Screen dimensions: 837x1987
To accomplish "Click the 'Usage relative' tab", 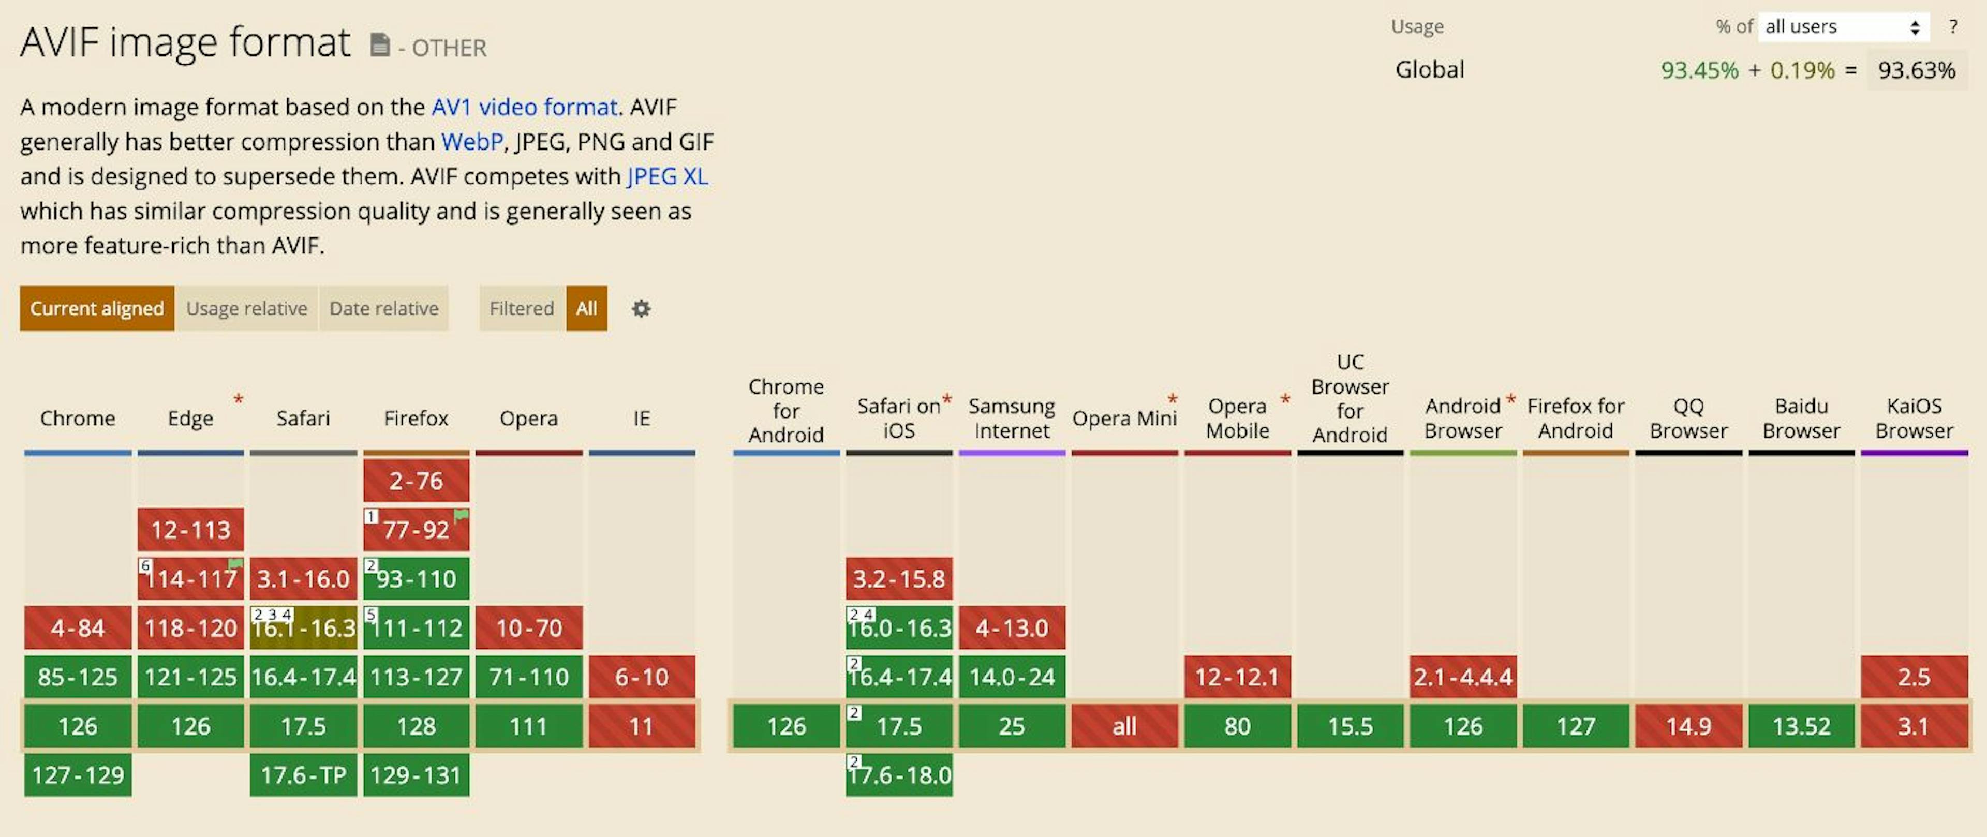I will pyautogui.click(x=246, y=308).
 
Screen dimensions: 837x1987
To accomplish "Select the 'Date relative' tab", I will pyautogui.click(x=383, y=308).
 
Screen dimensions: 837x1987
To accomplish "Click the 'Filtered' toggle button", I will pyautogui.click(x=522, y=308).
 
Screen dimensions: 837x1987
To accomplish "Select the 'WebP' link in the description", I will pyautogui.click(x=471, y=142).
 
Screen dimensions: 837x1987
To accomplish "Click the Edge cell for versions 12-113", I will pyautogui.click(x=190, y=530).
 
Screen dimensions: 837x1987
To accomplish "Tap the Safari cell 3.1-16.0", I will pyautogui.click(x=303, y=578).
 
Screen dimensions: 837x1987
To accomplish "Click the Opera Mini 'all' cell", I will pyautogui.click(x=1124, y=726).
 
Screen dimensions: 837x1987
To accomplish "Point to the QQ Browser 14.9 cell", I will pyautogui.click(x=1688, y=726).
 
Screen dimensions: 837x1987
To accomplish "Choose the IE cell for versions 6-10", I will pyautogui.click(x=641, y=677).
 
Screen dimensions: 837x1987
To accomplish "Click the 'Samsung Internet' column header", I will pyautogui.click(x=1011, y=418).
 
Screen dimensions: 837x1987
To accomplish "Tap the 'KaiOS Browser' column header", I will pyautogui.click(x=1914, y=418).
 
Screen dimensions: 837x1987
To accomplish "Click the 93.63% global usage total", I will pyautogui.click(x=1916, y=70).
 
